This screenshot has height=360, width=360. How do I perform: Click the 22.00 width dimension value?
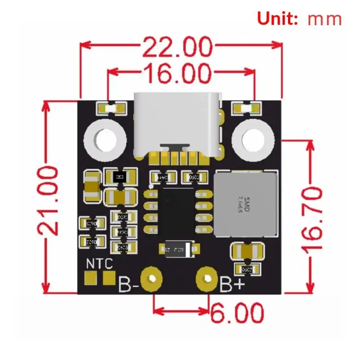click(177, 46)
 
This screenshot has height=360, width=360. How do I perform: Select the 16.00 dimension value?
click(177, 72)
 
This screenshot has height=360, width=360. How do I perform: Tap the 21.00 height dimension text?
click(48, 200)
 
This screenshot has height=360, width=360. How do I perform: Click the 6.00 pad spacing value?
click(236, 311)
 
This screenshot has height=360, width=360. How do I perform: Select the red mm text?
click(325, 19)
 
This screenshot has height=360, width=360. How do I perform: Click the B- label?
click(128, 285)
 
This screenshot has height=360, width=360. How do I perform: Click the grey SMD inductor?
click(244, 204)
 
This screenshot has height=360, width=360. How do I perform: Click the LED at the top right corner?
click(246, 108)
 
